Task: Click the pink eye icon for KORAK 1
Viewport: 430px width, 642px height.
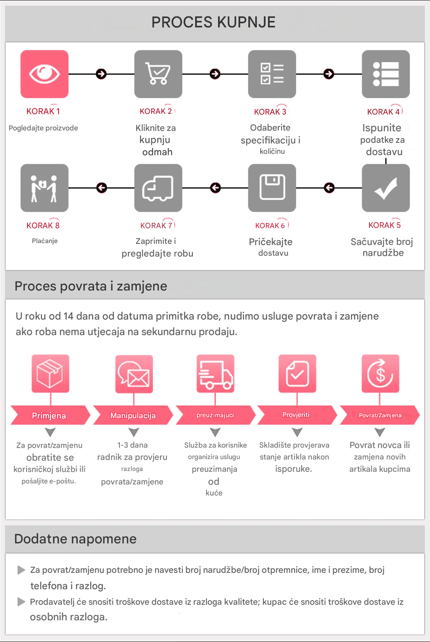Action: (x=45, y=74)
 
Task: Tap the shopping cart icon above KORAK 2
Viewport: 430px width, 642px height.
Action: (x=158, y=74)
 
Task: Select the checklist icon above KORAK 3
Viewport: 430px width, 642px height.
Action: (x=272, y=74)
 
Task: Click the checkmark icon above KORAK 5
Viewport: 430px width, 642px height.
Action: (x=386, y=188)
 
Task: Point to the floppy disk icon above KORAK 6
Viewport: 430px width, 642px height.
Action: (x=272, y=188)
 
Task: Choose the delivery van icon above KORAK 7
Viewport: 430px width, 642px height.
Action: (x=158, y=188)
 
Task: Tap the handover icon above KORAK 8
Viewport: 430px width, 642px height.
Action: (x=45, y=188)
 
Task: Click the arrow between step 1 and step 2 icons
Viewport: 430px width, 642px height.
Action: (x=101, y=74)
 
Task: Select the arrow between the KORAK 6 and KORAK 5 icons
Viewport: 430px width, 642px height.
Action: (x=329, y=188)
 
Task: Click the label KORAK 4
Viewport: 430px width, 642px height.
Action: (x=383, y=112)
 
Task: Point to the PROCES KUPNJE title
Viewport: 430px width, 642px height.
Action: (x=214, y=22)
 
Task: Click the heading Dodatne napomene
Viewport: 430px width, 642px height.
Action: (x=75, y=539)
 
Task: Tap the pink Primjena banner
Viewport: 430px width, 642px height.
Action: (x=50, y=415)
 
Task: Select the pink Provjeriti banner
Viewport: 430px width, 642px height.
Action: (x=296, y=415)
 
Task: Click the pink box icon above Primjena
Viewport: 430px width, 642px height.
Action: (x=50, y=374)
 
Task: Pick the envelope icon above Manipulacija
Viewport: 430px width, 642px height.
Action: (x=134, y=374)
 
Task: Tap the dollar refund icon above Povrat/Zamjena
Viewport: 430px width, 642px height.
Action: (x=380, y=374)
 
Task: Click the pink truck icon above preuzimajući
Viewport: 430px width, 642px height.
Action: (x=215, y=374)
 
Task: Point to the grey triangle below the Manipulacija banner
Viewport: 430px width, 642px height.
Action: (x=134, y=432)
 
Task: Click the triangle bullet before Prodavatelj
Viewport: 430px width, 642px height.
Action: (x=21, y=601)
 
